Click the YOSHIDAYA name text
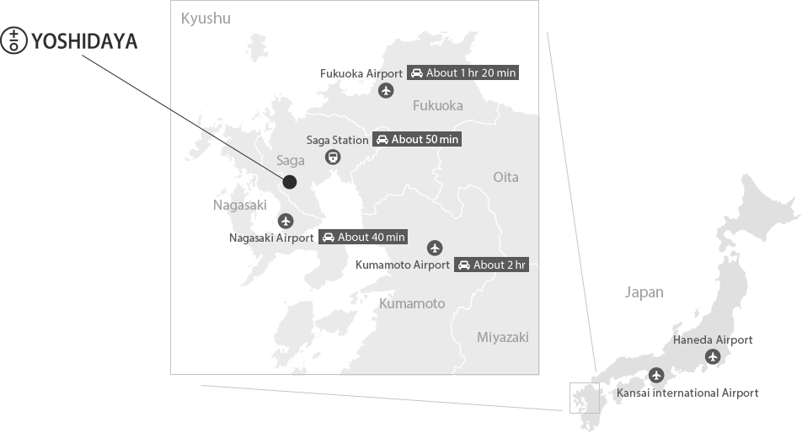(83, 40)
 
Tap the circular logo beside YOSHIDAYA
(14, 40)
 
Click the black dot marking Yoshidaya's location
(290, 182)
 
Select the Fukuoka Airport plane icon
(386, 90)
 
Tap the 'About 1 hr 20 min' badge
(462, 72)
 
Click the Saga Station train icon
(334, 156)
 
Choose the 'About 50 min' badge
(417, 139)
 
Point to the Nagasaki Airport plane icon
(286, 221)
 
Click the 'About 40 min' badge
(362, 237)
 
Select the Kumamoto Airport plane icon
(435, 248)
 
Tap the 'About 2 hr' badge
(491, 265)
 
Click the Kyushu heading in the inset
(206, 19)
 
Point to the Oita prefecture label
(505, 177)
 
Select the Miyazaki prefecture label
(503, 337)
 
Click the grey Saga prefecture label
(291, 160)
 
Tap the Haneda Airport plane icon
(714, 356)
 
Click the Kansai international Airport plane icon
(656, 376)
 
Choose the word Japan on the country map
(644, 292)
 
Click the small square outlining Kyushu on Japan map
(584, 398)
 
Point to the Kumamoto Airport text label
(403, 265)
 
